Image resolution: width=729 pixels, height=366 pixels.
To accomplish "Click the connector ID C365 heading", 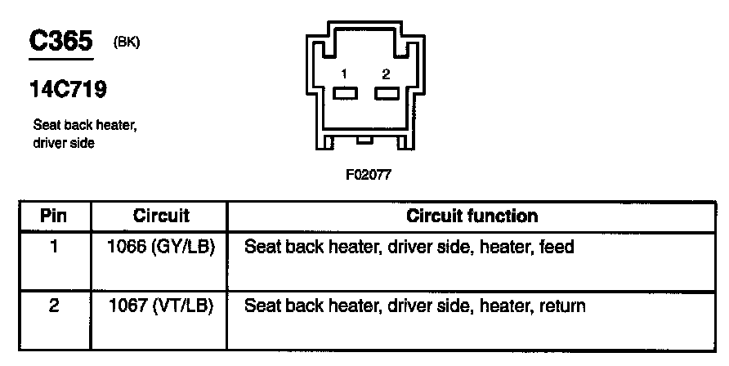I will (60, 42).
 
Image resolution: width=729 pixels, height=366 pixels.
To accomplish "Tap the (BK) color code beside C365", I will (127, 43).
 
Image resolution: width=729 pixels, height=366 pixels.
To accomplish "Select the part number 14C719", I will (68, 89).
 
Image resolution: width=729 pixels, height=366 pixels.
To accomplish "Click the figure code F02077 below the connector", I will (364, 174).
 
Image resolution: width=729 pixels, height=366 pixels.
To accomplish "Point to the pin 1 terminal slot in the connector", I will (345, 93).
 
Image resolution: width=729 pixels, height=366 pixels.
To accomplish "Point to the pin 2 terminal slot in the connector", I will (386, 93).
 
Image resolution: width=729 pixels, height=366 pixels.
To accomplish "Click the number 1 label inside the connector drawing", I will (345, 74).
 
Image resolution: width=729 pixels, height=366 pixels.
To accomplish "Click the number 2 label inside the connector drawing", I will (386, 74).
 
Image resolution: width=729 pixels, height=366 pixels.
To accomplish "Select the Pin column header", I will (54, 216).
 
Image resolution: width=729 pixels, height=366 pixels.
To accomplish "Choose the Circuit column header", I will (161, 216).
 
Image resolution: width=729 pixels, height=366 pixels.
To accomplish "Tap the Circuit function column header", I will (472, 216).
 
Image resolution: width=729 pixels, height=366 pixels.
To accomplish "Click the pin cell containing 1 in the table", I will (54, 246).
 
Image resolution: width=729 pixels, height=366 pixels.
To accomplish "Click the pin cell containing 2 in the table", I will (54, 306).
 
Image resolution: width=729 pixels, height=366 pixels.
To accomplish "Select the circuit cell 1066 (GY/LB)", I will (161, 246).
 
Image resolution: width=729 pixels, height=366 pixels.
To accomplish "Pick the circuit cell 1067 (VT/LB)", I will (161, 306).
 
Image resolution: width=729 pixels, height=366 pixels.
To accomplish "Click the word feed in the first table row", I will (557, 246).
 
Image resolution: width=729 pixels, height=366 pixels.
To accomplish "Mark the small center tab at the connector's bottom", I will (364, 141).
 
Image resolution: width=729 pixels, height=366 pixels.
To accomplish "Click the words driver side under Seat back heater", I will (64, 143).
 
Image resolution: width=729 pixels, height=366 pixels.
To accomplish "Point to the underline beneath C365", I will (60, 60).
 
